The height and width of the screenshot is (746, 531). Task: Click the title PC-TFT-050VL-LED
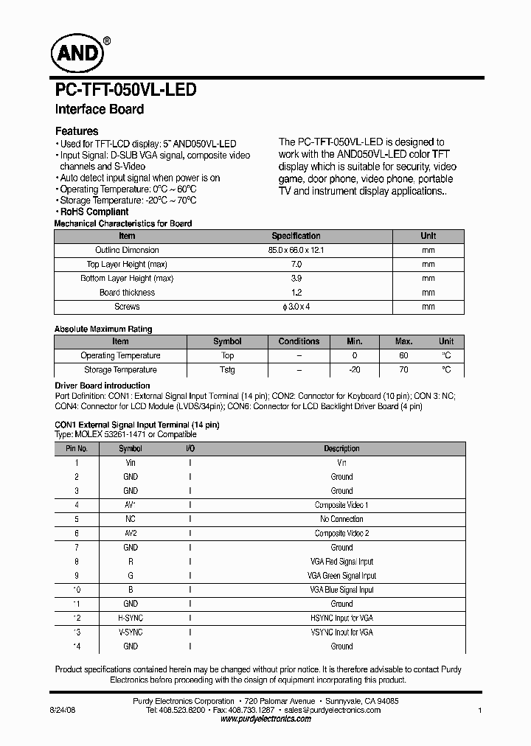tap(126, 90)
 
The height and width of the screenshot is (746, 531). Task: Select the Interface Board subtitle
tap(100, 109)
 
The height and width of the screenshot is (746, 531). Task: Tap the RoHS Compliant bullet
tap(94, 212)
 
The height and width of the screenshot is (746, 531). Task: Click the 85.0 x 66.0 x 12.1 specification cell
tap(296, 250)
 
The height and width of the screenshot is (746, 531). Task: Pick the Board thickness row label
tap(127, 293)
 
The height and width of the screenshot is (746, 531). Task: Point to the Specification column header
tap(296, 236)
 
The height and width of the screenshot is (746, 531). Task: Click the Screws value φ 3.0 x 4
tap(296, 307)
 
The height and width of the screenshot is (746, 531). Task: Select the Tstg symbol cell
tap(227, 370)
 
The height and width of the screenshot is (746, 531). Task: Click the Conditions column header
tap(299, 341)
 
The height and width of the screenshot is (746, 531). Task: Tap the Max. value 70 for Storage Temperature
tap(403, 370)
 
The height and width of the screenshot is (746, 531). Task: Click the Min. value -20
tap(355, 370)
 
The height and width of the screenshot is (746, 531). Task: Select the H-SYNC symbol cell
tap(131, 618)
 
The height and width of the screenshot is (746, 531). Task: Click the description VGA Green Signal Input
tap(341, 576)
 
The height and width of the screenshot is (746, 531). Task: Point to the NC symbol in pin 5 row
tap(131, 519)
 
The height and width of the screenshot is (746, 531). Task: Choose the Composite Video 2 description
tap(341, 533)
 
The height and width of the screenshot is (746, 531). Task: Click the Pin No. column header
tap(77, 448)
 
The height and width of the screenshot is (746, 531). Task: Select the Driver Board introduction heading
tap(103, 386)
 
